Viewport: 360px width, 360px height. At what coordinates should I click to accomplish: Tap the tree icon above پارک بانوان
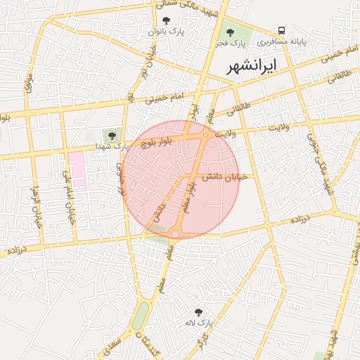coord(166,21)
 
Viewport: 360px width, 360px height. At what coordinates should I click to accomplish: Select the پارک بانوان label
coord(166,32)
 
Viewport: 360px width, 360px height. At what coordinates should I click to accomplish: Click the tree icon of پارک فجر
coord(229,32)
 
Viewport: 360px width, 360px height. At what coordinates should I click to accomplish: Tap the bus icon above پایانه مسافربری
coord(281,30)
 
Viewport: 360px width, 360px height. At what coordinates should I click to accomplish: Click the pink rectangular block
coord(77,168)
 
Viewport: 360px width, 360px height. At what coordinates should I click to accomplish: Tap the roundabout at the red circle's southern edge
coord(174,232)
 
